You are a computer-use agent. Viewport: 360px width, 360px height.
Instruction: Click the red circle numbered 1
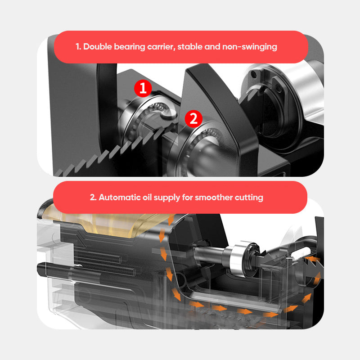click(143, 88)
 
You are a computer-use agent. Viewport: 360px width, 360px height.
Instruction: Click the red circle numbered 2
click(193, 118)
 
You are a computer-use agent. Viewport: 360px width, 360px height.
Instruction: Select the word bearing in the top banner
click(129, 46)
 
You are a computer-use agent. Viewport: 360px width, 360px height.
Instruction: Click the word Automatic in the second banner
click(118, 197)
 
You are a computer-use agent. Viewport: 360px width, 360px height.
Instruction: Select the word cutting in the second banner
click(248, 197)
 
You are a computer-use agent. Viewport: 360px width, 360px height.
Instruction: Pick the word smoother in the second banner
click(212, 197)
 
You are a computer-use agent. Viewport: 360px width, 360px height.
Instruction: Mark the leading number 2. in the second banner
click(93, 197)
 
